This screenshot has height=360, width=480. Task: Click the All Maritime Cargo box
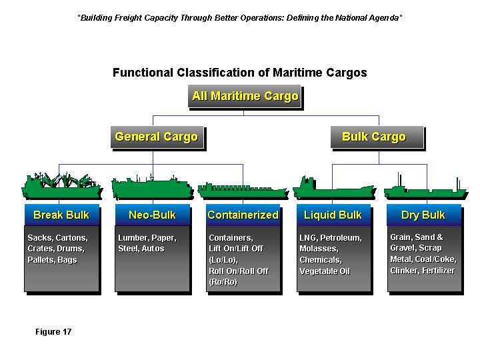[245, 97]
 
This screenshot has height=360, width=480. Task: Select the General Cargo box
[156, 137]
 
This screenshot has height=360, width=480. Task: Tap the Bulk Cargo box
[373, 137]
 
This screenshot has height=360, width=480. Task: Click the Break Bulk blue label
[61, 215]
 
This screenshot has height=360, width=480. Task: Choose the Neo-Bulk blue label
[152, 215]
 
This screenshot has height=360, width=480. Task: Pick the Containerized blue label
[243, 215]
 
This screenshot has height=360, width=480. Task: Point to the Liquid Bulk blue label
[333, 215]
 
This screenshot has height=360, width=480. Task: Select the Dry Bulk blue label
[423, 215]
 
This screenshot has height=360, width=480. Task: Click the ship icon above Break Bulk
[63, 187]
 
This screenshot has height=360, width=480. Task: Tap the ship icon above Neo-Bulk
[153, 188]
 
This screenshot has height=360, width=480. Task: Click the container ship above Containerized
[243, 190]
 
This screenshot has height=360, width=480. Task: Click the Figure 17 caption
[53, 332]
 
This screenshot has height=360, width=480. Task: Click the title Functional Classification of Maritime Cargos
[239, 73]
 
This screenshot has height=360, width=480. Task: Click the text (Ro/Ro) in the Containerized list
[223, 283]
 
